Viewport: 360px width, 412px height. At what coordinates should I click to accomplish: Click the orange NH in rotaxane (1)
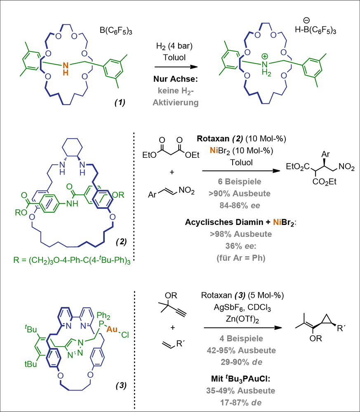[x=66, y=69]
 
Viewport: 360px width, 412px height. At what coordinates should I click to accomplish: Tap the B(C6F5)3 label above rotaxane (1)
[x=116, y=31]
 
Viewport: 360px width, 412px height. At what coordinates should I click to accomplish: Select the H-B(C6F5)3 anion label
[x=315, y=30]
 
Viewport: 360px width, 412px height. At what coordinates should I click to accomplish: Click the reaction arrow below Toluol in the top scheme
[x=176, y=67]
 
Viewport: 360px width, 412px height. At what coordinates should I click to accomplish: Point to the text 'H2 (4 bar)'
[x=174, y=47]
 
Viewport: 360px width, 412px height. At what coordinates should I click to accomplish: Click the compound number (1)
[x=120, y=102]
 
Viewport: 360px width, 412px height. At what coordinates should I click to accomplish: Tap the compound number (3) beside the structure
[x=121, y=386]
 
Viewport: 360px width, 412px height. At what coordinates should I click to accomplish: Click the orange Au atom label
[x=112, y=329]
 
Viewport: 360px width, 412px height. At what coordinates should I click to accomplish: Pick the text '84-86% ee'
[x=240, y=205]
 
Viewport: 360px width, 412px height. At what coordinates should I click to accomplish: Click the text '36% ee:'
[x=240, y=246]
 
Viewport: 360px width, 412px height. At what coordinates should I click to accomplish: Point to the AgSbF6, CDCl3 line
[x=242, y=307]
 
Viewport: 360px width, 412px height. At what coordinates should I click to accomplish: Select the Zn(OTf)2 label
[x=242, y=319]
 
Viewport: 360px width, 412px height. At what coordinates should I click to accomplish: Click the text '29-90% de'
[x=241, y=362]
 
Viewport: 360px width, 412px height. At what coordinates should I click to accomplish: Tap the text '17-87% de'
[x=241, y=403]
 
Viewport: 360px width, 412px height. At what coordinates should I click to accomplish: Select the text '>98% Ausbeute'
[x=241, y=234]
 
